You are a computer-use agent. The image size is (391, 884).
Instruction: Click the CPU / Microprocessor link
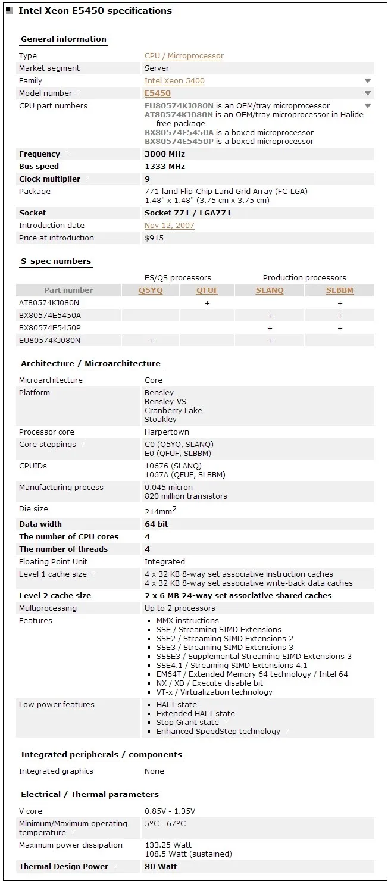click(184, 56)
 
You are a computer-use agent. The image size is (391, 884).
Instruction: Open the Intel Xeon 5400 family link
click(174, 81)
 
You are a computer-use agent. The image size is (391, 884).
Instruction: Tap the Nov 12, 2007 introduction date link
click(169, 226)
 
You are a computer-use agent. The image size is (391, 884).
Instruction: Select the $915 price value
click(155, 238)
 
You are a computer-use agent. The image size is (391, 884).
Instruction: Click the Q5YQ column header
click(151, 290)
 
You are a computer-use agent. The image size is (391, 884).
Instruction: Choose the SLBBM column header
click(339, 290)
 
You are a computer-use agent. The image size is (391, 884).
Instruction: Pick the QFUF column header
click(207, 290)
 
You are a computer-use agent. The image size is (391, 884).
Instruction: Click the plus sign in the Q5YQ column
click(151, 341)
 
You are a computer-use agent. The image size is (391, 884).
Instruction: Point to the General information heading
click(63, 39)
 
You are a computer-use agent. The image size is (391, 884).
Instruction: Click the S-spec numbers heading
click(56, 261)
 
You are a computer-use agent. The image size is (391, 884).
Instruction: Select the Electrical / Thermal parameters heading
click(90, 795)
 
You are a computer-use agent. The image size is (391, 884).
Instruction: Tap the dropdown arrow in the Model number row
click(368, 93)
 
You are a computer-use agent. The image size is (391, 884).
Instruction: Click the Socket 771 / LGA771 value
click(187, 213)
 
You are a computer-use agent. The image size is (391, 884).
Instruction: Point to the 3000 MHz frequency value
click(165, 154)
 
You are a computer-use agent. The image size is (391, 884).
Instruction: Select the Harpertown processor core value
click(167, 432)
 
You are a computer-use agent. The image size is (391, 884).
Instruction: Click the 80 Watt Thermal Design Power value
click(161, 867)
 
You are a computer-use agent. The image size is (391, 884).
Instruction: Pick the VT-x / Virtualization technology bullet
click(214, 692)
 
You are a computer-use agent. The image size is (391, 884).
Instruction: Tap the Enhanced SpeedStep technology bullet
click(218, 732)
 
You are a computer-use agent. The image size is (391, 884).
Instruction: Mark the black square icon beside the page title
click(10, 11)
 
